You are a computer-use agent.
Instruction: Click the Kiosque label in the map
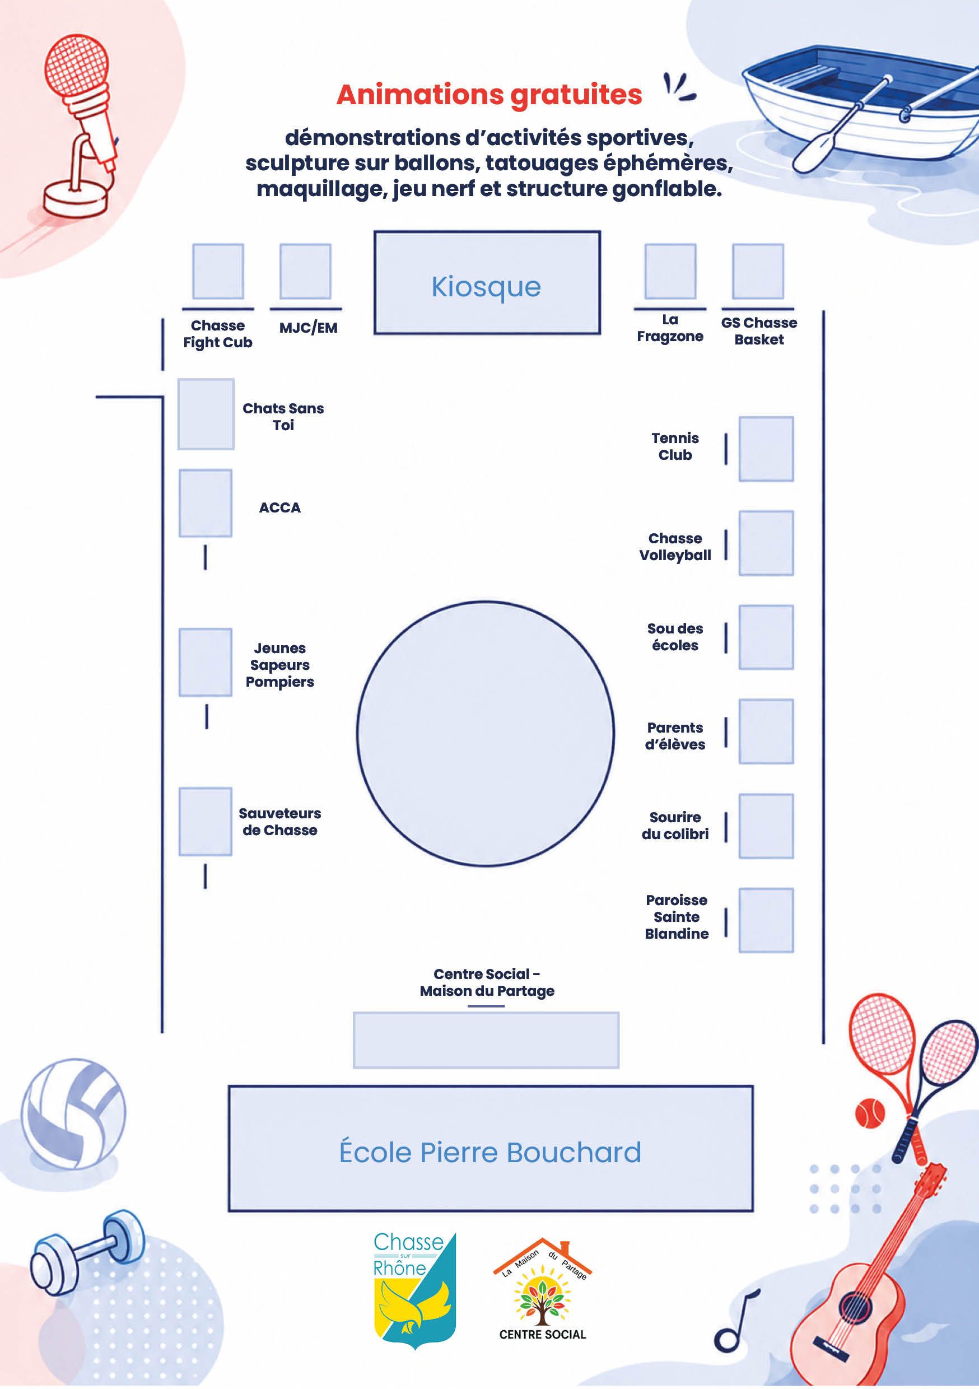tap(486, 287)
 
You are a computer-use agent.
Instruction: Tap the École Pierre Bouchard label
tap(490, 1152)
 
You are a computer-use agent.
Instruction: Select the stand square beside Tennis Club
tap(766, 449)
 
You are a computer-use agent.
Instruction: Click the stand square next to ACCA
tap(205, 503)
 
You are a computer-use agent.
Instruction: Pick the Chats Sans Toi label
tap(283, 417)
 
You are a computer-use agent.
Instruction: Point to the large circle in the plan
tap(485, 733)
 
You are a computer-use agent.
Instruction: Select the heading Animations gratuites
tap(489, 95)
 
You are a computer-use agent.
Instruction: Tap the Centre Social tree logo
tap(542, 1289)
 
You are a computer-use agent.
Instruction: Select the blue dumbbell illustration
tap(87, 1252)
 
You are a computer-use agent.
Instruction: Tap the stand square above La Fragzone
tap(670, 271)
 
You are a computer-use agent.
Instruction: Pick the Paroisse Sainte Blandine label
tap(677, 916)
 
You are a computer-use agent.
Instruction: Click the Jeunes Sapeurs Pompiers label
tap(279, 665)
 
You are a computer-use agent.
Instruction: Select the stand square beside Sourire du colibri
tap(766, 826)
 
